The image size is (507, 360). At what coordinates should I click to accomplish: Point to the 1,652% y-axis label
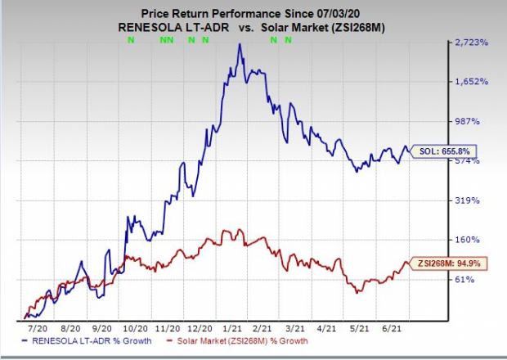point(473,82)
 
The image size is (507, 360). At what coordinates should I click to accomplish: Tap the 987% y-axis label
point(469,121)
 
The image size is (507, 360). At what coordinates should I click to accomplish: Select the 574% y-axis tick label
point(469,161)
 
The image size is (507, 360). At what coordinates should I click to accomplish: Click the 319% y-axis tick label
point(469,200)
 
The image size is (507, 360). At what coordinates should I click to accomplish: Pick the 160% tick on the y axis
point(469,240)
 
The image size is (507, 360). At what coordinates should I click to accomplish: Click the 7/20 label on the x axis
point(36,326)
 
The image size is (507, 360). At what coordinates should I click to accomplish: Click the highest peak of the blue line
point(239,44)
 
